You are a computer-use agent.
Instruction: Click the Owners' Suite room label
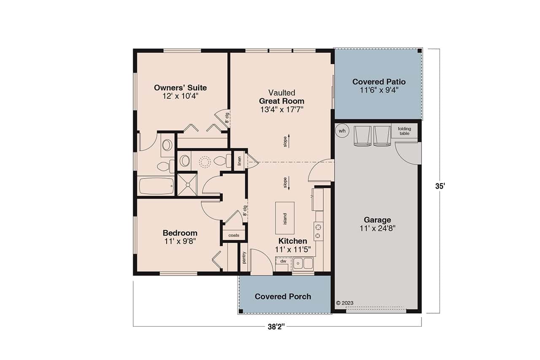tap(180, 88)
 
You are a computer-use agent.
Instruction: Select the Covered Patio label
tap(379, 82)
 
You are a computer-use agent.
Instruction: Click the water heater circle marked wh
tap(342, 131)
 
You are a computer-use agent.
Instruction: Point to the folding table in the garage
tap(404, 131)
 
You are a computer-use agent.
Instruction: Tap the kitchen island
tap(285, 218)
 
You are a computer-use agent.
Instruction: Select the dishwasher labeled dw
tap(283, 262)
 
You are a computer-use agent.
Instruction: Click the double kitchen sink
tap(303, 263)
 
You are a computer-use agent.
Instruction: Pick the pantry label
tap(244, 258)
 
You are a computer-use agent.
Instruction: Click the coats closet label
tap(234, 235)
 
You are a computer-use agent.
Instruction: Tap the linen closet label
tap(239, 161)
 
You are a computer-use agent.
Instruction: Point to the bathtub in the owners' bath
tap(156, 185)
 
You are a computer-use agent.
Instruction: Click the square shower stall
tap(186, 184)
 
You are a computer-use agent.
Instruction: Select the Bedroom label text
tap(180, 233)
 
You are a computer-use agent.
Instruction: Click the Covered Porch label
tap(283, 297)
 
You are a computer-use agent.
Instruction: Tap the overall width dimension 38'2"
tap(277, 327)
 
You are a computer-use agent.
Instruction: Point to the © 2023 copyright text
tap(345, 303)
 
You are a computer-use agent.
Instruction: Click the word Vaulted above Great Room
tap(281, 93)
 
